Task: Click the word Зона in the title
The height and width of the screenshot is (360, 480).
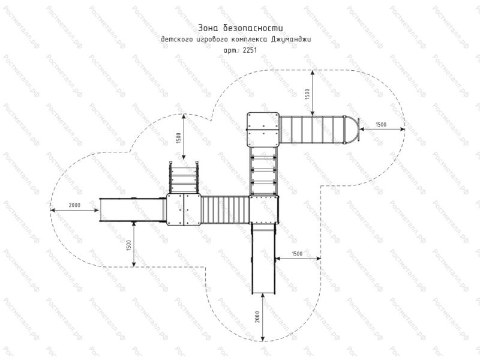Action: point(208,28)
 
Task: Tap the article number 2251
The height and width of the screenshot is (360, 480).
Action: point(250,50)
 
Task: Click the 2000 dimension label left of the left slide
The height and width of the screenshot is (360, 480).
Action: point(74,205)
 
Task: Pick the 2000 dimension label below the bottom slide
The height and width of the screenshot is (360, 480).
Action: point(257,317)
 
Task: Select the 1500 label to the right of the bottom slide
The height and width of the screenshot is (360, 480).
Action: point(297,253)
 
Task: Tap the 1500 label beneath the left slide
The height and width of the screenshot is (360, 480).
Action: point(128,245)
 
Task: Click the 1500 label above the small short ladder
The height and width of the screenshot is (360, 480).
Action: point(179,138)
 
